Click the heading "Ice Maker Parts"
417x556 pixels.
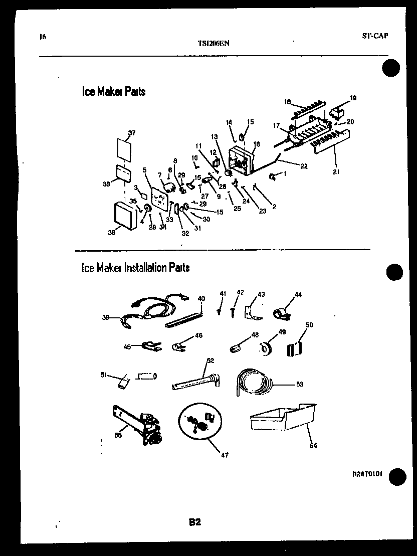pyautogui.click(x=113, y=92)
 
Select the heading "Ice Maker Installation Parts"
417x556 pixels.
pyautogui.click(x=135, y=268)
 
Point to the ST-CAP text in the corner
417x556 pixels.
pyautogui.click(x=375, y=36)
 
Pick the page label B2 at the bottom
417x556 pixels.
pyautogui.click(x=195, y=522)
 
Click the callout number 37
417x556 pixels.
pyautogui.click(x=132, y=133)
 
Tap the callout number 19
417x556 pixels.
pyautogui.click(x=353, y=98)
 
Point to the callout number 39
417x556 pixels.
pyautogui.click(x=106, y=317)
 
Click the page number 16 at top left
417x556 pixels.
pyautogui.click(x=42, y=36)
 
